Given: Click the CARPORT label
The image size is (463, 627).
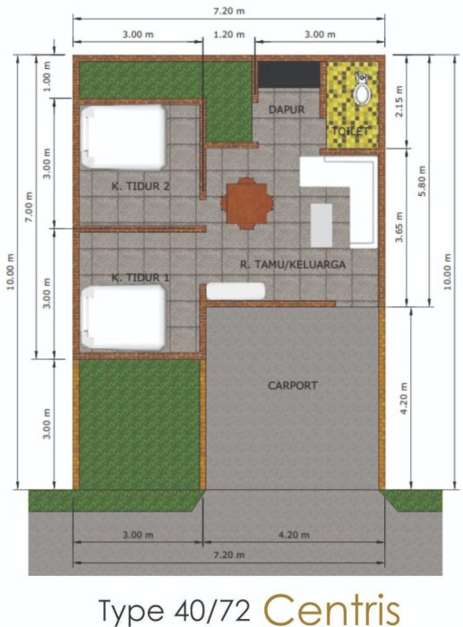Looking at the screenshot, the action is pyautogui.click(x=292, y=385).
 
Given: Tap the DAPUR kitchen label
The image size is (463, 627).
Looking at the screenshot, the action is pyautogui.click(x=287, y=109).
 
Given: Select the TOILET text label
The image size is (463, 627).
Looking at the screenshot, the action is pyautogui.click(x=350, y=131).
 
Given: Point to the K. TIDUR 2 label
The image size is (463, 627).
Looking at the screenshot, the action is pyautogui.click(x=141, y=186).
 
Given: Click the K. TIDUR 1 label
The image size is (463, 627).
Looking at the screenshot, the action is pyautogui.click(x=141, y=278).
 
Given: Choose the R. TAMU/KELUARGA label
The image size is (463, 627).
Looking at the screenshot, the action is pyautogui.click(x=293, y=264).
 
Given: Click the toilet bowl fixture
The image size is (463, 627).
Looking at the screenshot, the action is pyautogui.click(x=362, y=90).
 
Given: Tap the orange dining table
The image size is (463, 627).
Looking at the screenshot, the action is pyautogui.click(x=247, y=203).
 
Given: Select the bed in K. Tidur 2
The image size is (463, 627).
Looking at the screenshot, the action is pyautogui.click(x=124, y=137).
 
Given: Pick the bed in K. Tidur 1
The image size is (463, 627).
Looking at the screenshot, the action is pyautogui.click(x=124, y=317).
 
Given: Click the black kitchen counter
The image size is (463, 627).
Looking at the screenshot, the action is pyautogui.click(x=288, y=74).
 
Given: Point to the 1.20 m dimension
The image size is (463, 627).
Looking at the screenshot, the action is pyautogui.click(x=228, y=34).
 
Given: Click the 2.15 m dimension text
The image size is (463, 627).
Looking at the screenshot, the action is pyautogui.click(x=399, y=101).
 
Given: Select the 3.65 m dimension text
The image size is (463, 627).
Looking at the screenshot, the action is pyautogui.click(x=399, y=228).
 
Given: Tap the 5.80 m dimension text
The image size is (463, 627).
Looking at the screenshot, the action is pyautogui.click(x=422, y=181).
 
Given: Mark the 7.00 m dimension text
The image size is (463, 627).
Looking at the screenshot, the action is pyautogui.click(x=30, y=207).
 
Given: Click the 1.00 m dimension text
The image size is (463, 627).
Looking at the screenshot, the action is pyautogui.click(x=47, y=76).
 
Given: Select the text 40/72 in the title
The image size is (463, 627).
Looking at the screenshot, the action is pyautogui.click(x=212, y=611).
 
